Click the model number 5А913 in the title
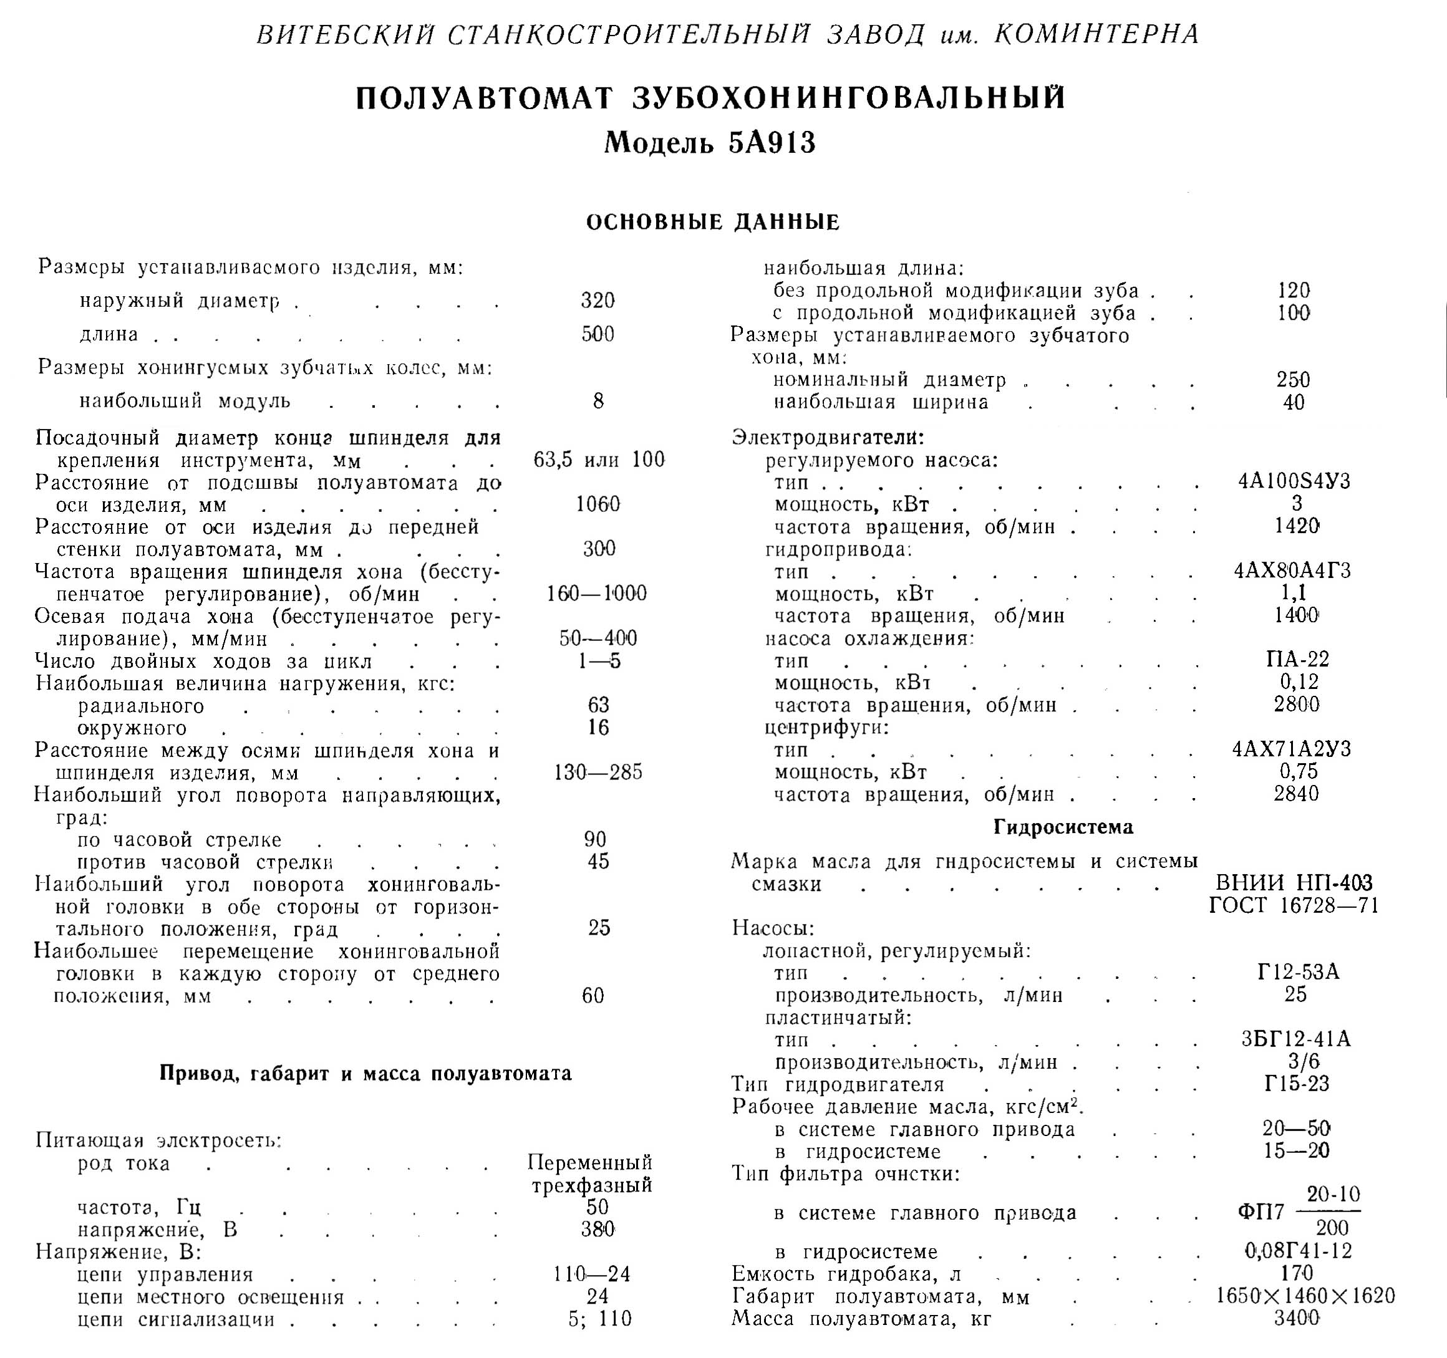point(772,143)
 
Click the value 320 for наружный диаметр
point(598,300)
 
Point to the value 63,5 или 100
point(599,460)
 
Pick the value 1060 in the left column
point(598,504)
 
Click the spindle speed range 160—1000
point(597,594)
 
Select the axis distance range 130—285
point(598,772)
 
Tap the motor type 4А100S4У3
point(1294,481)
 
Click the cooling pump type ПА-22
point(1297,659)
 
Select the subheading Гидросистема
point(1063,827)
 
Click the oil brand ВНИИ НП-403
point(1294,883)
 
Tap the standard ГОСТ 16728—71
point(1294,905)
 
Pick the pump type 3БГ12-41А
point(1295,1039)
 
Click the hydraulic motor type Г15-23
point(1296,1084)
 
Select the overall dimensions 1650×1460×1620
point(1305,1296)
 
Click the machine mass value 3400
point(1296,1318)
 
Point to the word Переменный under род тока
point(589,1162)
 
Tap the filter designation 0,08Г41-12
point(1298,1251)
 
